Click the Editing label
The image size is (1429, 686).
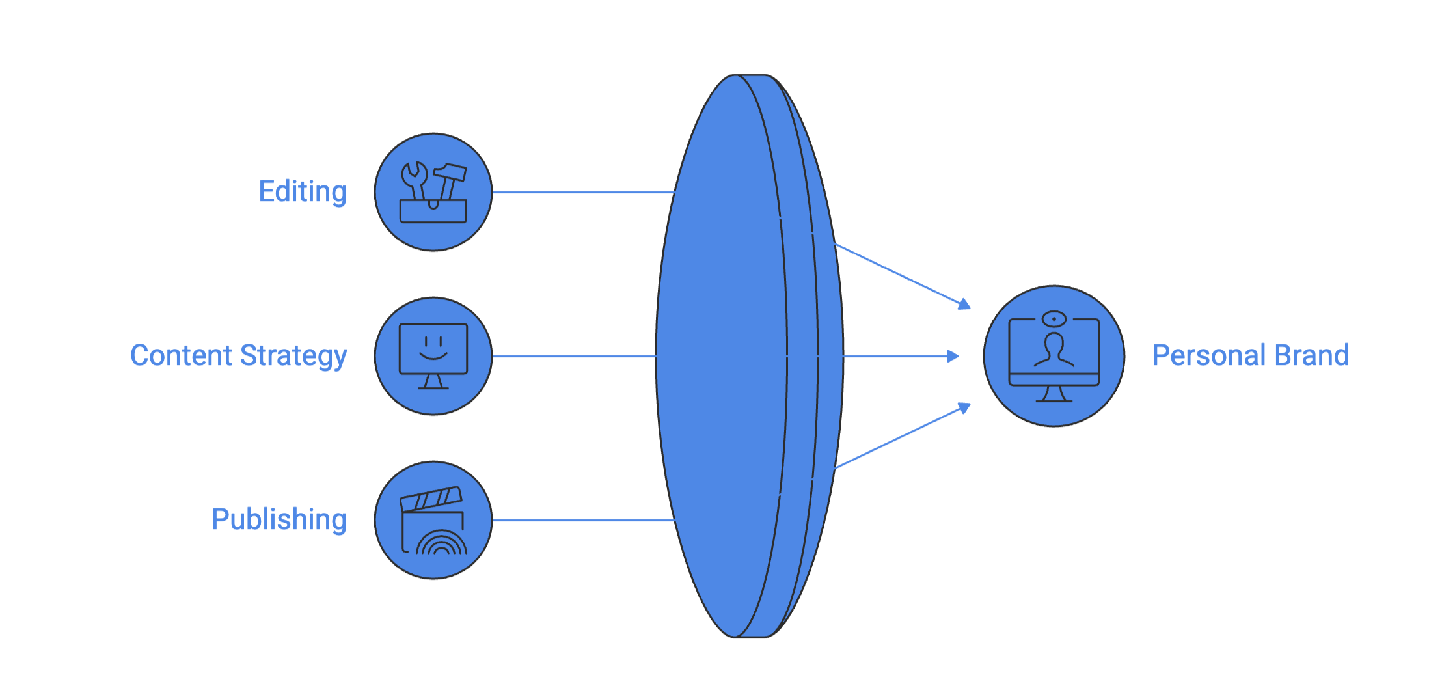point(303,192)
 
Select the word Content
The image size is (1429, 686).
point(182,356)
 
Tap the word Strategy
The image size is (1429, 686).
point(293,356)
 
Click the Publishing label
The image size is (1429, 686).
point(279,519)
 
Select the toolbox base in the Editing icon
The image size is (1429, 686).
point(433,213)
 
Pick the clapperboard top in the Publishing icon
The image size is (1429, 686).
point(431,499)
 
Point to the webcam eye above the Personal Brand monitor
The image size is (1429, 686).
point(1054,318)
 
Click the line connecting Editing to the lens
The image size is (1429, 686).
point(582,192)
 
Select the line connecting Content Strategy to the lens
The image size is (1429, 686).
point(573,356)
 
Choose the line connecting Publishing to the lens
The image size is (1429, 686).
point(582,520)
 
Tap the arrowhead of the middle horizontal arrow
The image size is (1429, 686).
point(953,356)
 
